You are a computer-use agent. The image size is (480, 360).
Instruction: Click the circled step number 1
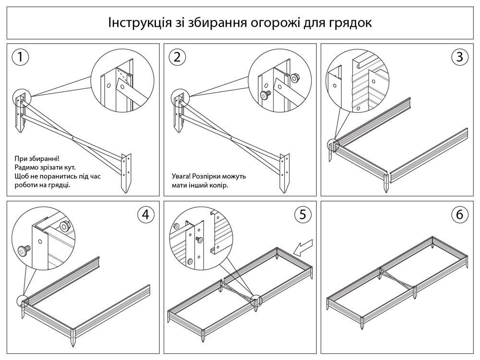(20, 57)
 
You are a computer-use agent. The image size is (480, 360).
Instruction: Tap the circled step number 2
(177, 57)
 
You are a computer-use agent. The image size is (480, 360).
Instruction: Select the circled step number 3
(460, 57)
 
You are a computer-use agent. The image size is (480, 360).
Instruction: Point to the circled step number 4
(146, 214)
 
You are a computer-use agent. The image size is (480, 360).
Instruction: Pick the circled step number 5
(302, 214)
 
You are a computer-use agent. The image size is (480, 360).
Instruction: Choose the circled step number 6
(460, 214)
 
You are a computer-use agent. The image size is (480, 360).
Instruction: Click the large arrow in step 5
(303, 247)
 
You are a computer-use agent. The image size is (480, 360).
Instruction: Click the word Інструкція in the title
(140, 23)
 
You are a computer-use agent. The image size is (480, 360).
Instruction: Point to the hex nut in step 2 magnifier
(295, 78)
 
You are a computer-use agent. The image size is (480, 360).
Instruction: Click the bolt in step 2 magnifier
(265, 95)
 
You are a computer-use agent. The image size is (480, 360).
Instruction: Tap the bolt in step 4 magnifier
(24, 251)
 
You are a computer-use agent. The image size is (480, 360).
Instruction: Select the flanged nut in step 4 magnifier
(65, 226)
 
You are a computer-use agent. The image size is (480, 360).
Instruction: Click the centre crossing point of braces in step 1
(72, 138)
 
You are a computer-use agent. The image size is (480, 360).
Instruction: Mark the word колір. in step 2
(219, 185)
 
